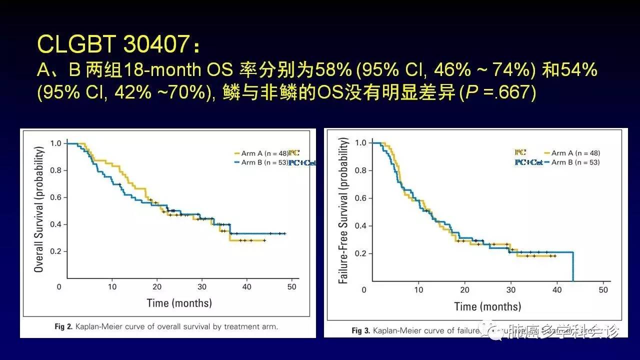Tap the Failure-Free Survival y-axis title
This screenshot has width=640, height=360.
343,211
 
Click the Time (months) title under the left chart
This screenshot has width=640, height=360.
179,303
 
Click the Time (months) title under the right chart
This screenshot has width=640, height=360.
487,306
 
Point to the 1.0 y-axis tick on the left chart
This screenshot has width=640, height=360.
55,143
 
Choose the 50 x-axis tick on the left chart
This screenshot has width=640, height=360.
292,287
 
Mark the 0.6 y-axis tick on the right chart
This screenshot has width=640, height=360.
360,198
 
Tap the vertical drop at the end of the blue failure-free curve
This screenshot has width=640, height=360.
572,266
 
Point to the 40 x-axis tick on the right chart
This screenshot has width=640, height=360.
557,290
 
